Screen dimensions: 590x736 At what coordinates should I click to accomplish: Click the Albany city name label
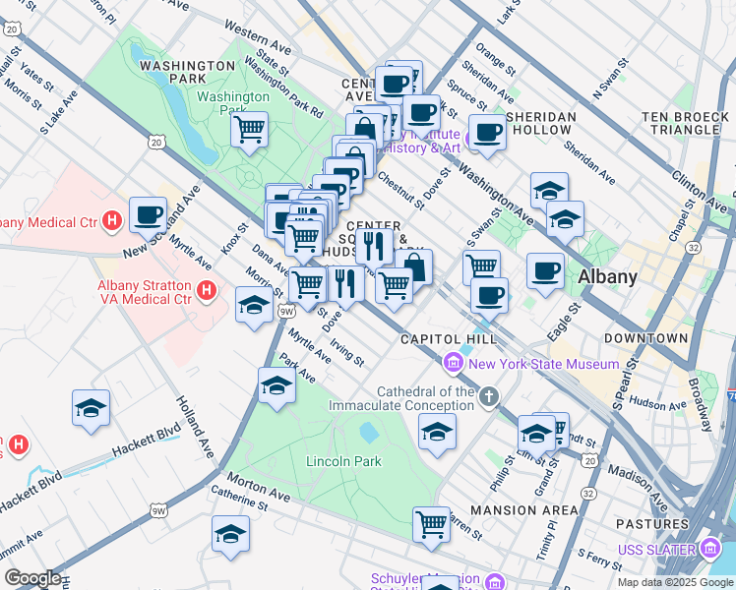(607, 276)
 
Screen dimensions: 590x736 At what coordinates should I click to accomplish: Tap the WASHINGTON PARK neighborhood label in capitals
(186, 65)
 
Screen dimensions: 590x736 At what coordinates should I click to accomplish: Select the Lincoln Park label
(316, 461)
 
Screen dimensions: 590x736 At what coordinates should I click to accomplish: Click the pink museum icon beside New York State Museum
(454, 364)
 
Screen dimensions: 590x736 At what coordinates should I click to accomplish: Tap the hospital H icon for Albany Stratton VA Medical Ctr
(206, 290)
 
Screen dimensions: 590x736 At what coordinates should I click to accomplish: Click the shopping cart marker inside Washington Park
(250, 128)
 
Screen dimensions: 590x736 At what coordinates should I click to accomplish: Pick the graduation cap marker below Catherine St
(230, 534)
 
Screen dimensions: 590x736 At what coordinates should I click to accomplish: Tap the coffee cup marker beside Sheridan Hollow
(486, 133)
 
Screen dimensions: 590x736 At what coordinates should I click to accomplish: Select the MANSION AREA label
(524, 510)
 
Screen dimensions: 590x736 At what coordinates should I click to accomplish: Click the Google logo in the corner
(32, 578)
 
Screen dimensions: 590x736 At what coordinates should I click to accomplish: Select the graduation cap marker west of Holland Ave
(91, 408)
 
